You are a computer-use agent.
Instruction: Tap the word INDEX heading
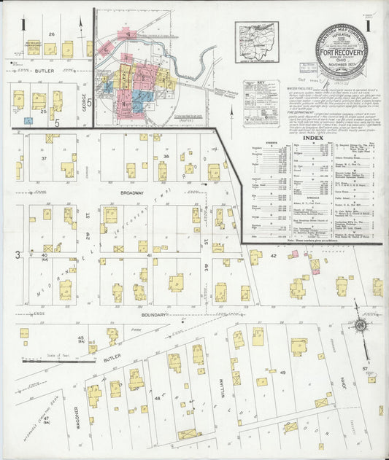click(312, 137)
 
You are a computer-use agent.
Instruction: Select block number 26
click(52, 34)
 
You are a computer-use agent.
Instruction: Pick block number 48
click(157, 399)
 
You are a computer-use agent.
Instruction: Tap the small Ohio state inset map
click(256, 36)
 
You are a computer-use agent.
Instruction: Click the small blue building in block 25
click(28, 120)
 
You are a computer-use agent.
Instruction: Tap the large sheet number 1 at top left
click(23, 26)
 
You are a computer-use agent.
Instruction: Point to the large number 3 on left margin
click(16, 254)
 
